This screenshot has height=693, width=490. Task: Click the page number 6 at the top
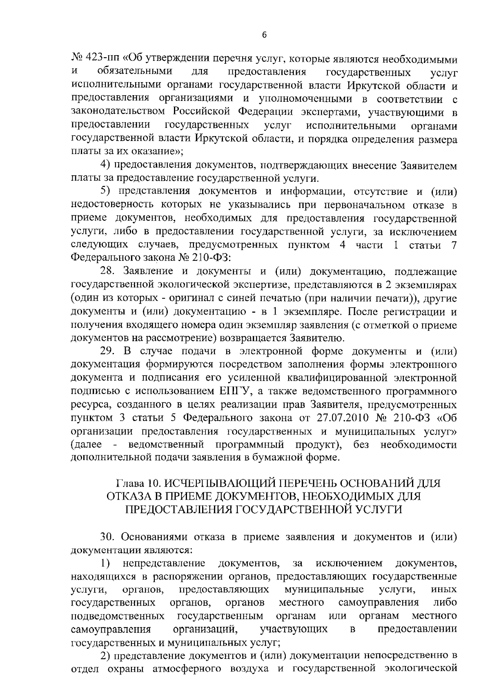click(x=264, y=36)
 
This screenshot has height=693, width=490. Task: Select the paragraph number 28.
click(x=108, y=271)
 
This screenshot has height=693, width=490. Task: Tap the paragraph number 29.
click(x=108, y=351)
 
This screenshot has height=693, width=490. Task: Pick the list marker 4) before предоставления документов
click(x=106, y=165)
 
